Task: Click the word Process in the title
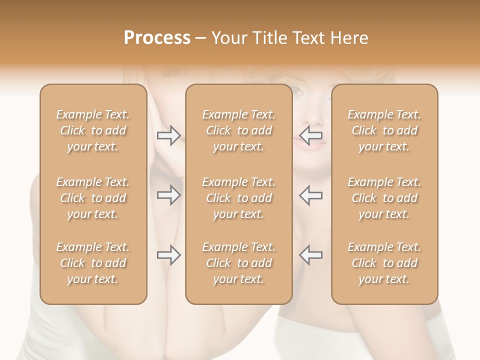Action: point(157,38)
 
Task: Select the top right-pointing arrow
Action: point(169,135)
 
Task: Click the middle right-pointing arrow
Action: point(169,195)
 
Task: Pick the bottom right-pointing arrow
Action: point(169,255)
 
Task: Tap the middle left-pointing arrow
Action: point(311,195)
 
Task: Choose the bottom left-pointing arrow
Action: point(311,255)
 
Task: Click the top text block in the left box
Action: point(93,130)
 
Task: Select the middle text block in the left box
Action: point(93,198)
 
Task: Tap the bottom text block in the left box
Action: point(93,263)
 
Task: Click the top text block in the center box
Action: point(238,130)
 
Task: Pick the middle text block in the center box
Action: point(238,198)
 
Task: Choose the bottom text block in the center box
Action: point(238,263)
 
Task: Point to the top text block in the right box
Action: point(384,130)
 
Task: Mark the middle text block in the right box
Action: point(384,198)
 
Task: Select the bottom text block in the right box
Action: point(384,263)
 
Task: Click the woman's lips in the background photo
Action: point(309,143)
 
